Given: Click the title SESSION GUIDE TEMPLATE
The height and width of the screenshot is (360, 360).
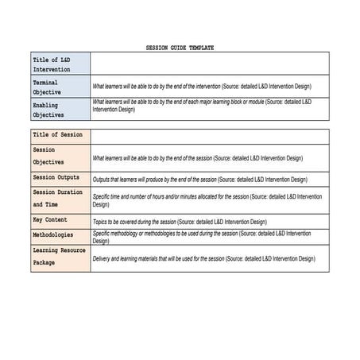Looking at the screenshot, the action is (x=180, y=48).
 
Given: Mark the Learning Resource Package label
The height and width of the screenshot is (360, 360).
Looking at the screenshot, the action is (x=59, y=256).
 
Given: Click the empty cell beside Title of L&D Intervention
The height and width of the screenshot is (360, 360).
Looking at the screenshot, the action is (x=210, y=64).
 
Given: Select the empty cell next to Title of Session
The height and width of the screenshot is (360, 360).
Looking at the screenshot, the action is (x=210, y=135).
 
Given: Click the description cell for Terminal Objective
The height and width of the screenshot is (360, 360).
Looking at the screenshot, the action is (x=202, y=87).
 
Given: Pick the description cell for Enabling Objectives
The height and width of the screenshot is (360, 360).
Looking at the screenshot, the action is (x=202, y=106).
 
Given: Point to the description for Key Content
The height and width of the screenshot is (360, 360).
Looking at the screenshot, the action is (x=180, y=222).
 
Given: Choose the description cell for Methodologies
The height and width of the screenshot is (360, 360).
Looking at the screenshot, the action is (x=202, y=236).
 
